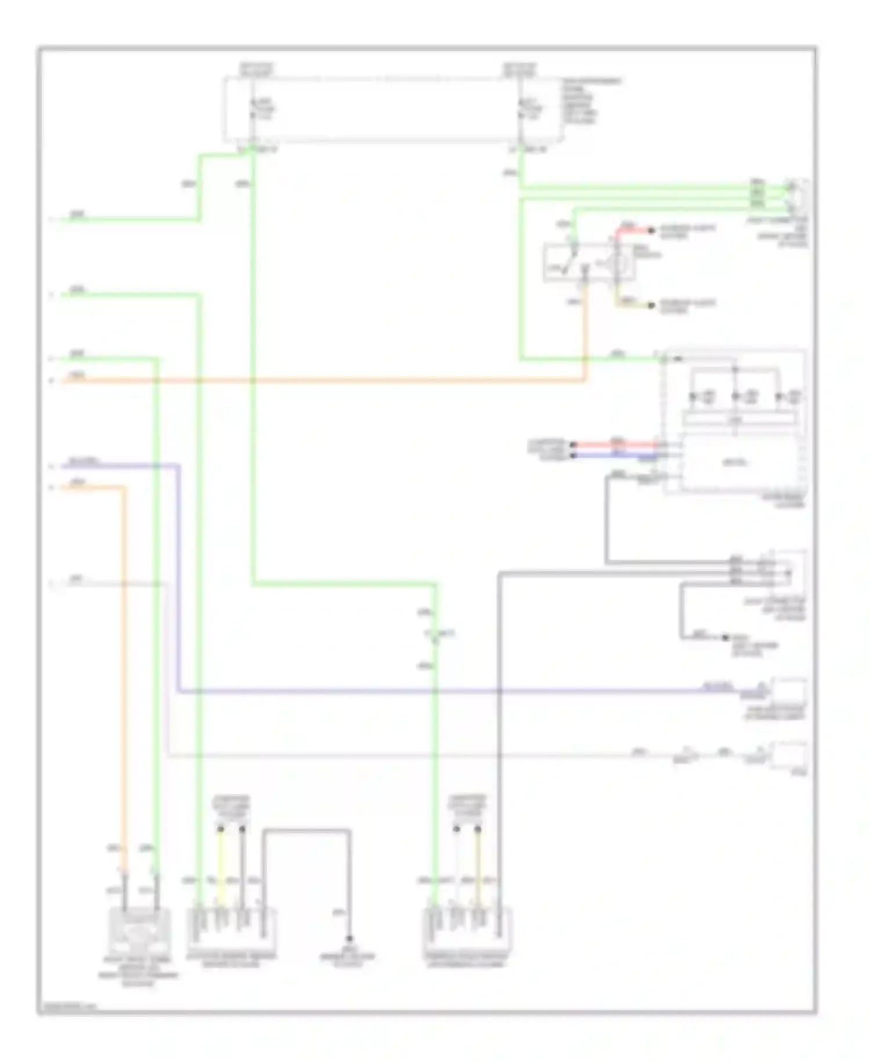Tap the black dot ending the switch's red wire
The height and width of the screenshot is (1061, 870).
[x=651, y=231]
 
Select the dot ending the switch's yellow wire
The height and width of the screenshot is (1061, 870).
[x=651, y=305]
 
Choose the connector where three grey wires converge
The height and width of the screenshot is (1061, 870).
[x=786, y=572]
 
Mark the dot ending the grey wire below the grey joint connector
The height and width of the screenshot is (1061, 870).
[x=724, y=637]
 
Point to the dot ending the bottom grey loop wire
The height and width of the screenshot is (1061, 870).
[x=349, y=939]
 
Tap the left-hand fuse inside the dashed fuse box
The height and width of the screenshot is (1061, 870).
[x=253, y=109]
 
